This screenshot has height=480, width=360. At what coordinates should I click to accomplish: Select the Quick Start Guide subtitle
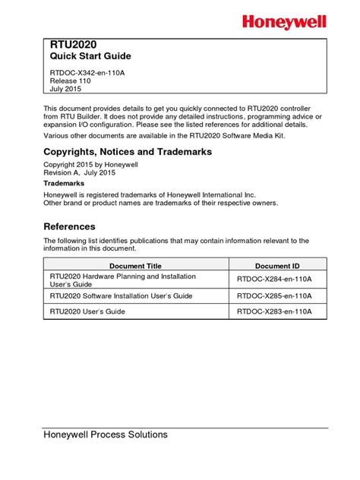(x=90, y=57)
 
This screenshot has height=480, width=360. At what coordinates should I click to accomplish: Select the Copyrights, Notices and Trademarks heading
(x=128, y=152)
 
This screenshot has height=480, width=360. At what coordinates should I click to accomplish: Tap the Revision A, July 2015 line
(x=87, y=173)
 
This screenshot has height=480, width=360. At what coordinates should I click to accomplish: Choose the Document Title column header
(x=135, y=266)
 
